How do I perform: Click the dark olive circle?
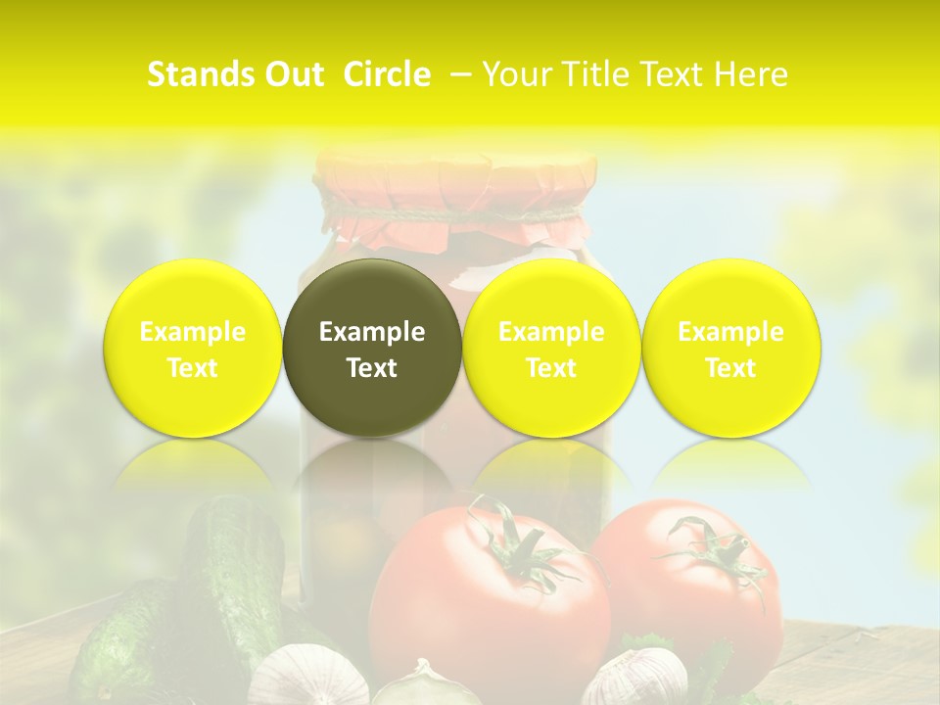pyautogui.click(x=372, y=348)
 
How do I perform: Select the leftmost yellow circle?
pyautogui.click(x=192, y=348)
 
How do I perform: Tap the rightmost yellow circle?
pyautogui.click(x=730, y=348)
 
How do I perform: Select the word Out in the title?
pyautogui.click(x=292, y=74)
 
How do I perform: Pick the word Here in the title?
pyautogui.click(x=752, y=74)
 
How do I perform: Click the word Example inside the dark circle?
pyautogui.click(x=372, y=332)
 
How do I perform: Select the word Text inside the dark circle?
pyautogui.click(x=372, y=368)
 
